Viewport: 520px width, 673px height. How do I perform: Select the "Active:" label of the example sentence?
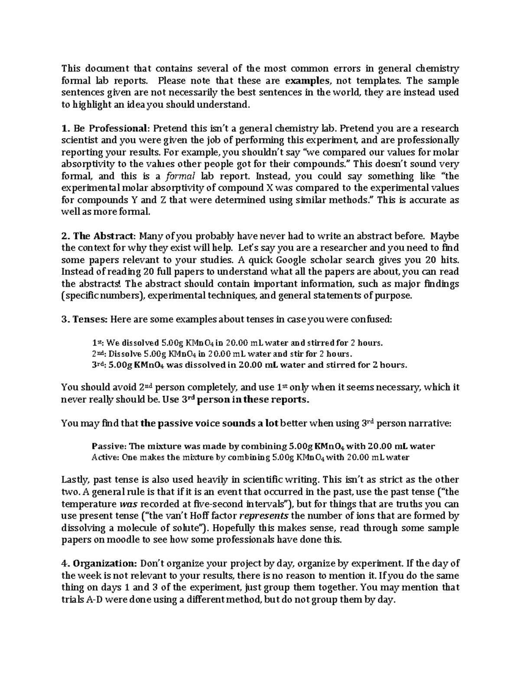pos(106,457)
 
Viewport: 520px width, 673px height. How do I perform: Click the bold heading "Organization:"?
pos(105,564)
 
